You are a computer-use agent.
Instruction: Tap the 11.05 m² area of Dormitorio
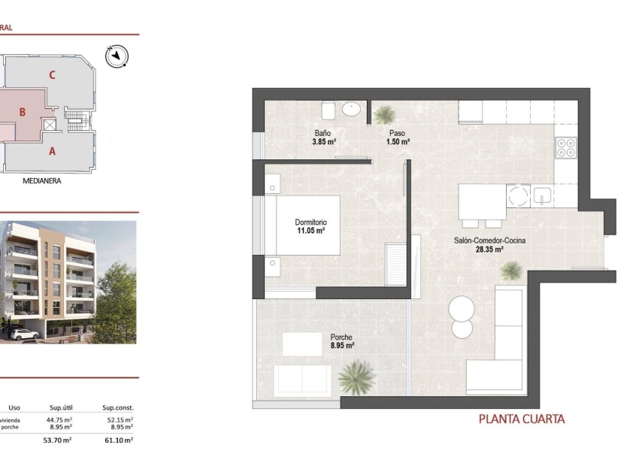click(310, 231)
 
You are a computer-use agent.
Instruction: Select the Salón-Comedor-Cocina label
click(489, 241)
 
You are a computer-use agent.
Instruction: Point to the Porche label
click(341, 337)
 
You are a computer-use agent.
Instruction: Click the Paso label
click(397, 132)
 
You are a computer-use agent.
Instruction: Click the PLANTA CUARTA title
click(521, 419)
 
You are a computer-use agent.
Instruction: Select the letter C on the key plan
click(52, 74)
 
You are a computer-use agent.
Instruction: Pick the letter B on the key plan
click(23, 113)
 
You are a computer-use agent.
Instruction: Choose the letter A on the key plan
click(52, 150)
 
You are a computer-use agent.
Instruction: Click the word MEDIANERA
click(42, 181)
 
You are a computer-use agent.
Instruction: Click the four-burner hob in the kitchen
click(566, 148)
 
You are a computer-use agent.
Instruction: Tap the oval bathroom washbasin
click(352, 110)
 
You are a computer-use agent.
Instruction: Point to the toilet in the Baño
click(328, 110)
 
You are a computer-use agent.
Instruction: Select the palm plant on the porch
click(356, 377)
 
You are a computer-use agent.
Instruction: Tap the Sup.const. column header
click(117, 407)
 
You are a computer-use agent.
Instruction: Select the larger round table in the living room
click(462, 309)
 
